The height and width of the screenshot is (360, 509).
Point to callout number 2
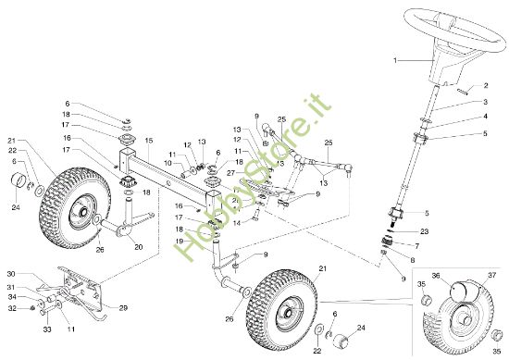tap(486, 84)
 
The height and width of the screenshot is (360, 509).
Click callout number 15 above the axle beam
tap(147, 140)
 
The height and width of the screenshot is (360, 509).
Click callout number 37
tap(492, 274)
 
